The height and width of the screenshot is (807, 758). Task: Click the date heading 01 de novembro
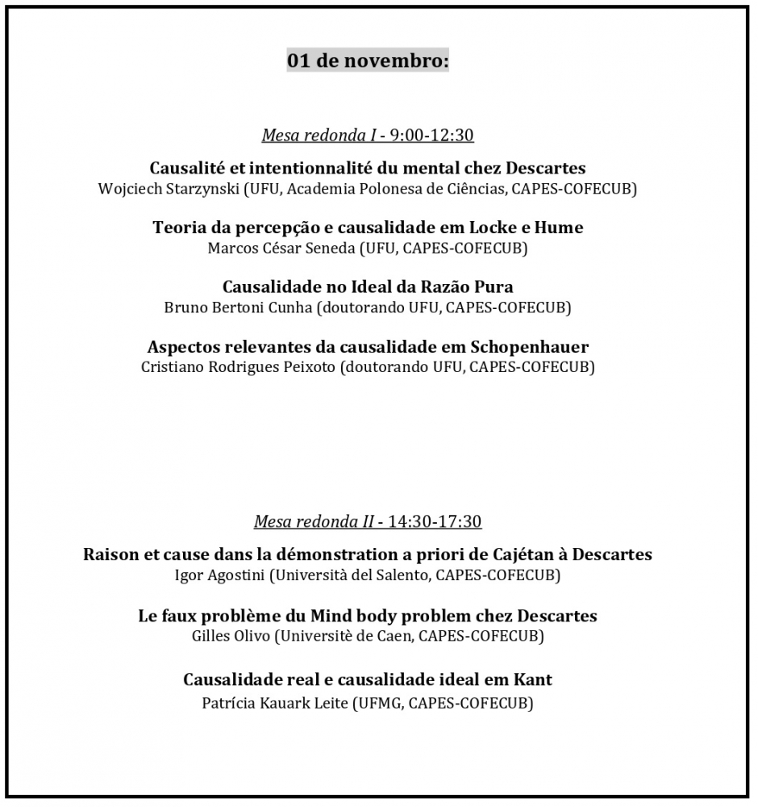click(368, 61)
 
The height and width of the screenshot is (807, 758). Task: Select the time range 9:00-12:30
click(431, 136)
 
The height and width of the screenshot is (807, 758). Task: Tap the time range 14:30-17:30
click(435, 521)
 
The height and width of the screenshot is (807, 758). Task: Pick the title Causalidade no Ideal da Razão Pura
click(368, 287)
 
